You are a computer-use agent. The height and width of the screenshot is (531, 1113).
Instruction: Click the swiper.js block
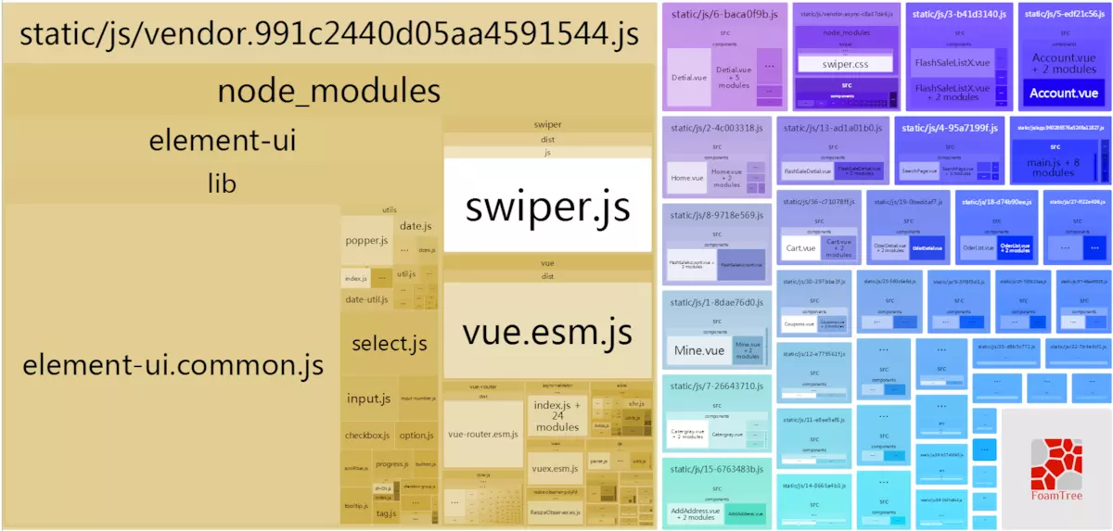click(547, 205)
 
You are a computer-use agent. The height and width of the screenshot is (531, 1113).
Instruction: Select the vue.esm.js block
click(547, 331)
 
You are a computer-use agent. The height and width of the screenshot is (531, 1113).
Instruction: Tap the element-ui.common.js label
click(173, 364)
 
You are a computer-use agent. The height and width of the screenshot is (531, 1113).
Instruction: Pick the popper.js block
click(365, 241)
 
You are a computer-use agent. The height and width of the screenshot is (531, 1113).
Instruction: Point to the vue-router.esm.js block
click(482, 434)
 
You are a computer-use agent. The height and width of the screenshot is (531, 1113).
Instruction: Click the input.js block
click(368, 398)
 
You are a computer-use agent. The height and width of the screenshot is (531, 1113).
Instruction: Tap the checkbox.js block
click(366, 435)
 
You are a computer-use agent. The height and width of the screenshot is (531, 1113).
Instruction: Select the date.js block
click(416, 226)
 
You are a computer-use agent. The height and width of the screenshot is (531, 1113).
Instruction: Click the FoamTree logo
click(1055, 468)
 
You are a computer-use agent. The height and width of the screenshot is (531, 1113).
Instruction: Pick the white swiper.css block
click(843, 64)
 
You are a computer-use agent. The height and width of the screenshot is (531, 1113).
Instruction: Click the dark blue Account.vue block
click(1063, 93)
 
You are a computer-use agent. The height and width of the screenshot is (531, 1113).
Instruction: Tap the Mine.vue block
click(698, 351)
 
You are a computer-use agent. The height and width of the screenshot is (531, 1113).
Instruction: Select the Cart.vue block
click(800, 247)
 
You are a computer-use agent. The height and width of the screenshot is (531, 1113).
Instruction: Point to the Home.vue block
click(686, 177)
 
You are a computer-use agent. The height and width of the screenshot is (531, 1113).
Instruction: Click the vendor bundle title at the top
click(328, 35)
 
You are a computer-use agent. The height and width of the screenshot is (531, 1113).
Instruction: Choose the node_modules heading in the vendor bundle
click(328, 91)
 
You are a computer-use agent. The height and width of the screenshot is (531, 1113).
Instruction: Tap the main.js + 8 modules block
click(1053, 168)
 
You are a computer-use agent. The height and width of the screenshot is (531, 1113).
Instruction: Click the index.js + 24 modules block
click(556, 416)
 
